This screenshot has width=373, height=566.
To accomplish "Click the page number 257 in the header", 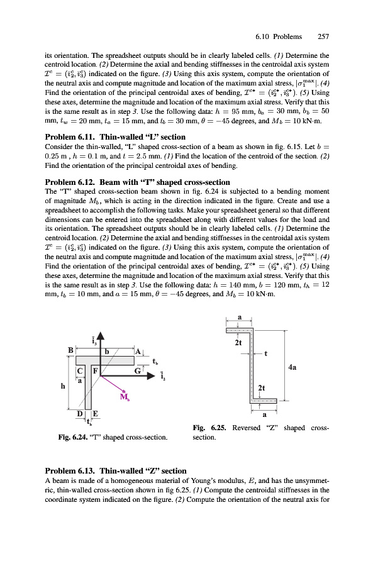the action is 323,36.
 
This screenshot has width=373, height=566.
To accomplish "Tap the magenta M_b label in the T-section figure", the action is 125,397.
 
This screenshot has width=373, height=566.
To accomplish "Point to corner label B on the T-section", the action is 71,350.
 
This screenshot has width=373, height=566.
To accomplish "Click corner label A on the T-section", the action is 138,351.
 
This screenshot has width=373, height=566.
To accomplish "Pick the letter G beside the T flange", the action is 138,370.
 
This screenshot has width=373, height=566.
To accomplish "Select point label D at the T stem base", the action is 80,414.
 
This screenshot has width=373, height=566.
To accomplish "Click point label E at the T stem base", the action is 96,414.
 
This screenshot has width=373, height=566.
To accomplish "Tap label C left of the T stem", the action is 80,370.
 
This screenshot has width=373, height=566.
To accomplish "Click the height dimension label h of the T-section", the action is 63,386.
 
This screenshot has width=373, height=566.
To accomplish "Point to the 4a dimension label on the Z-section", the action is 292,367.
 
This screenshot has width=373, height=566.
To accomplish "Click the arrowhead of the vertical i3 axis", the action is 101,336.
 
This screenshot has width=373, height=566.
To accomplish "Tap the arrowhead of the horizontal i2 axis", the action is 151,376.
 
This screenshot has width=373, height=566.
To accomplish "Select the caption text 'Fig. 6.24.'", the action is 72,438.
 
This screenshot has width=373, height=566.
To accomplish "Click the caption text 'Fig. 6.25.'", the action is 209,428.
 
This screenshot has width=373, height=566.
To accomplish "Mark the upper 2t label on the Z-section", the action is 238,343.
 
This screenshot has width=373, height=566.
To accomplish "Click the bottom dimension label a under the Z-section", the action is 264,415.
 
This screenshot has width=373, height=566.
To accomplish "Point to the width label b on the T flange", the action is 107,351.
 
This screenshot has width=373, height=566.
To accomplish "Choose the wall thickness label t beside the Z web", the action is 266,353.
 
